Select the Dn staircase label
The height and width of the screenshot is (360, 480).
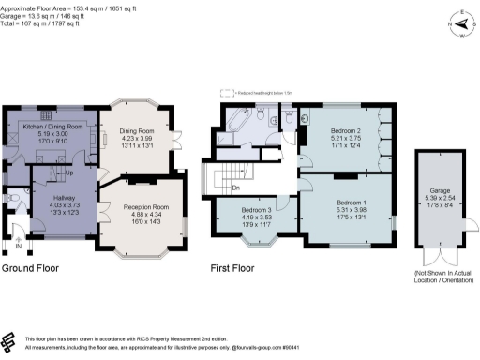pos(235,187)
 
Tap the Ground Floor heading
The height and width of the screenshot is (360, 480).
pos(30,267)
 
